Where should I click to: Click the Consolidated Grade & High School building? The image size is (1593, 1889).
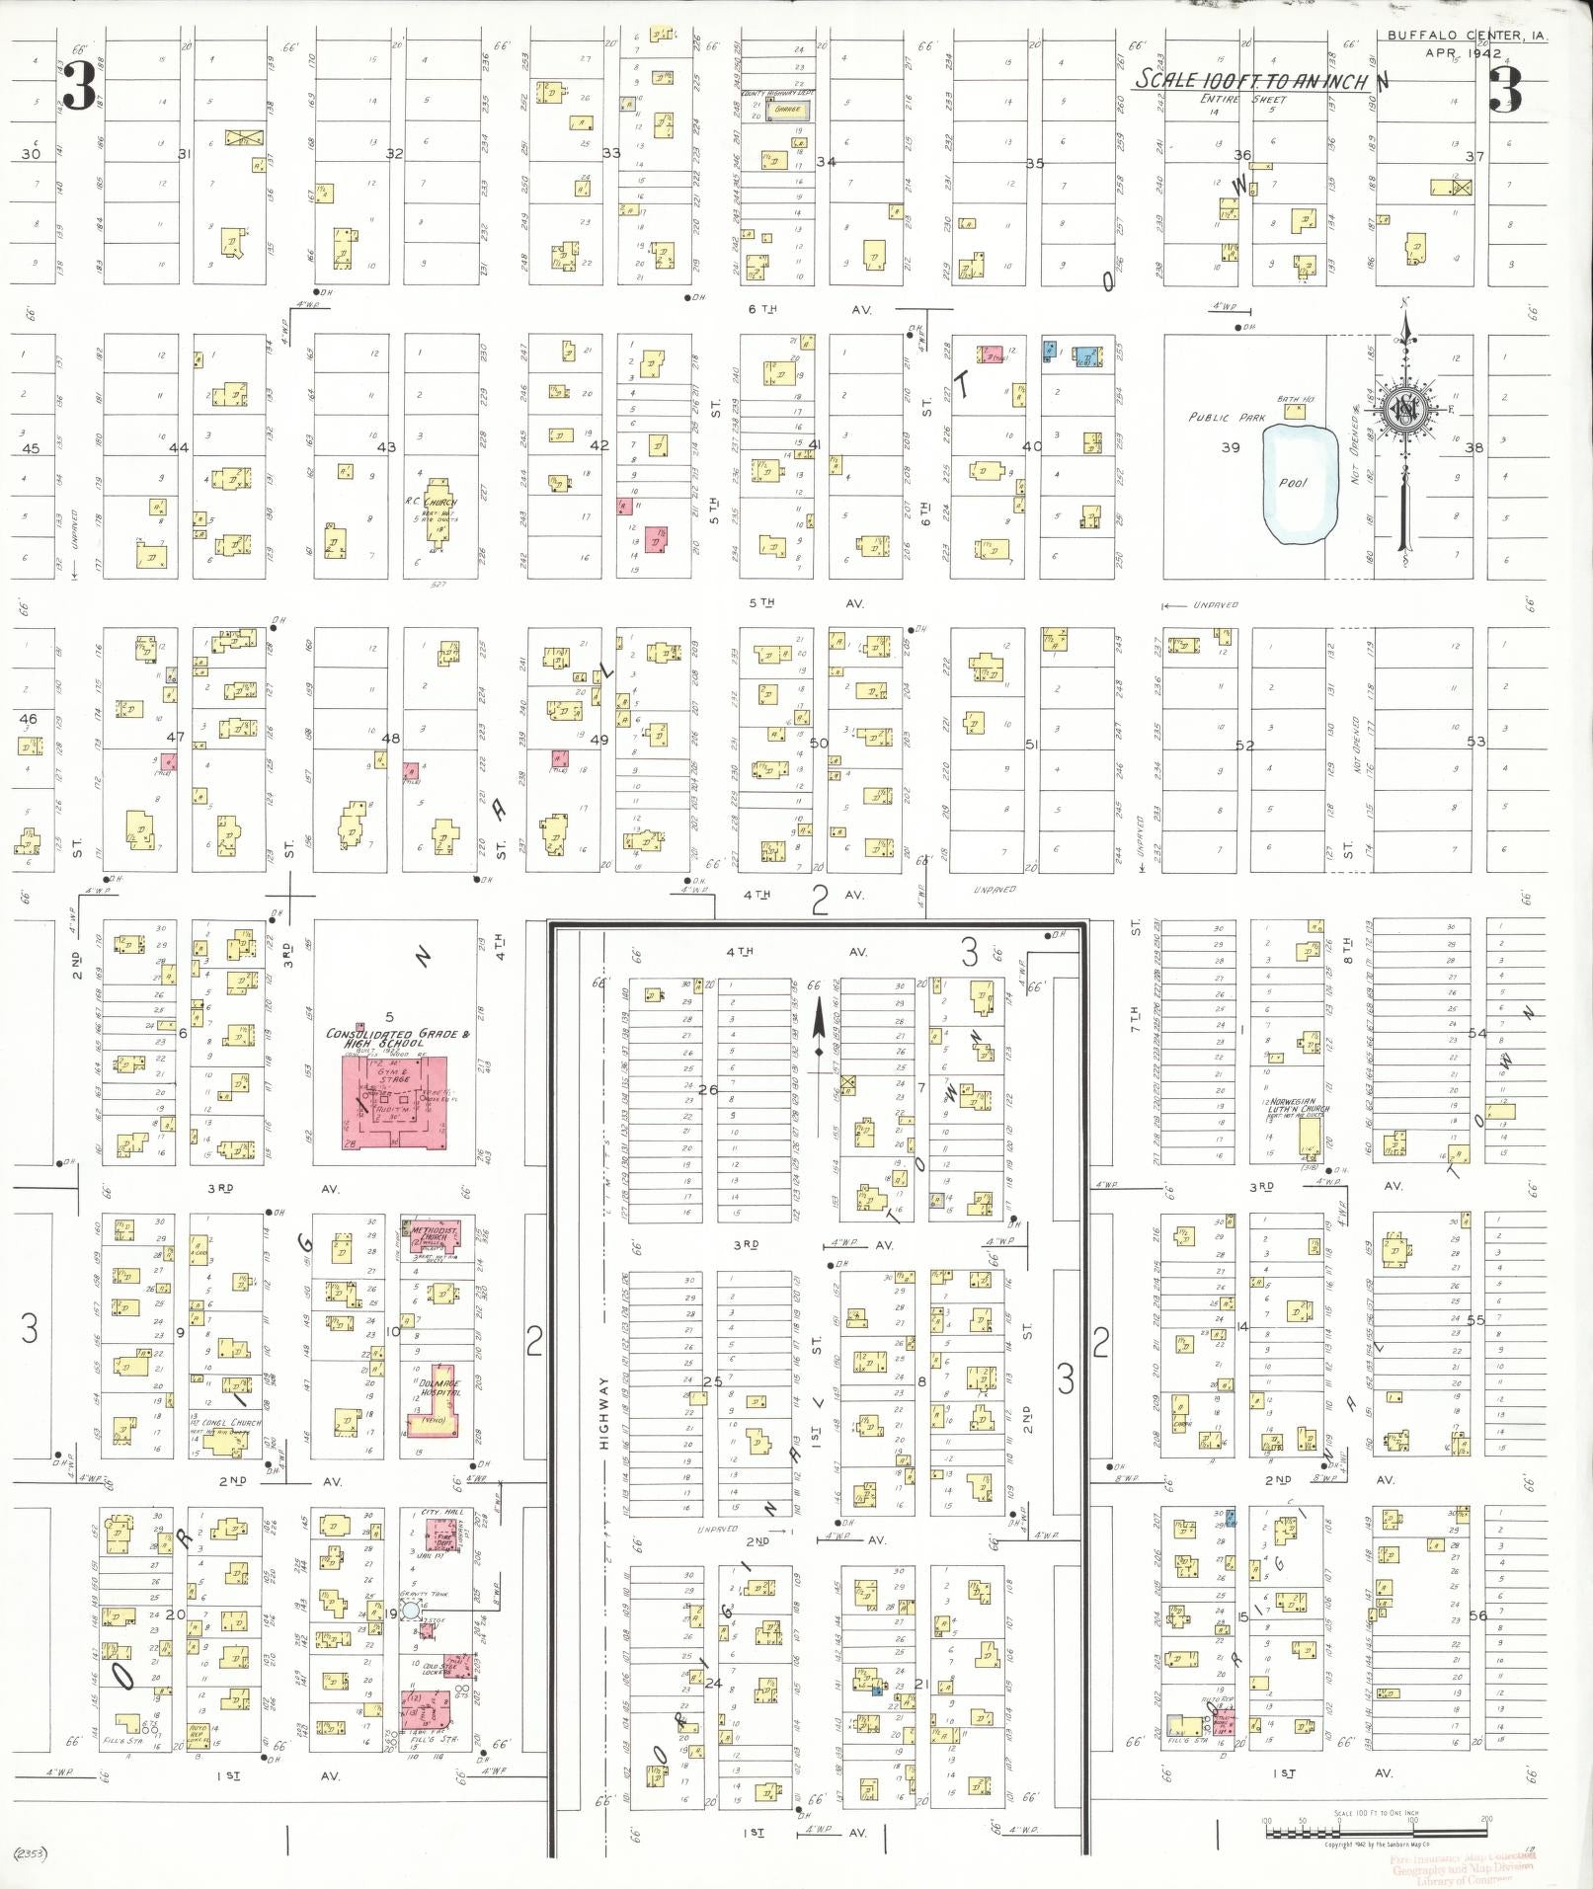pyautogui.click(x=394, y=1101)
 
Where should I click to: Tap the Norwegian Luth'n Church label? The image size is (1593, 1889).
pyautogui.click(x=1298, y=1107)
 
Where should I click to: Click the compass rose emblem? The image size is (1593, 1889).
pyautogui.click(x=1402, y=412)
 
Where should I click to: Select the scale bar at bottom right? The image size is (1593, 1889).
pyautogui.click(x=1376, y=1835)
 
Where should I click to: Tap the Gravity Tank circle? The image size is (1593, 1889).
pyautogui.click(x=411, y=1611)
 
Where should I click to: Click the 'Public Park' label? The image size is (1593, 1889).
pyautogui.click(x=1226, y=418)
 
